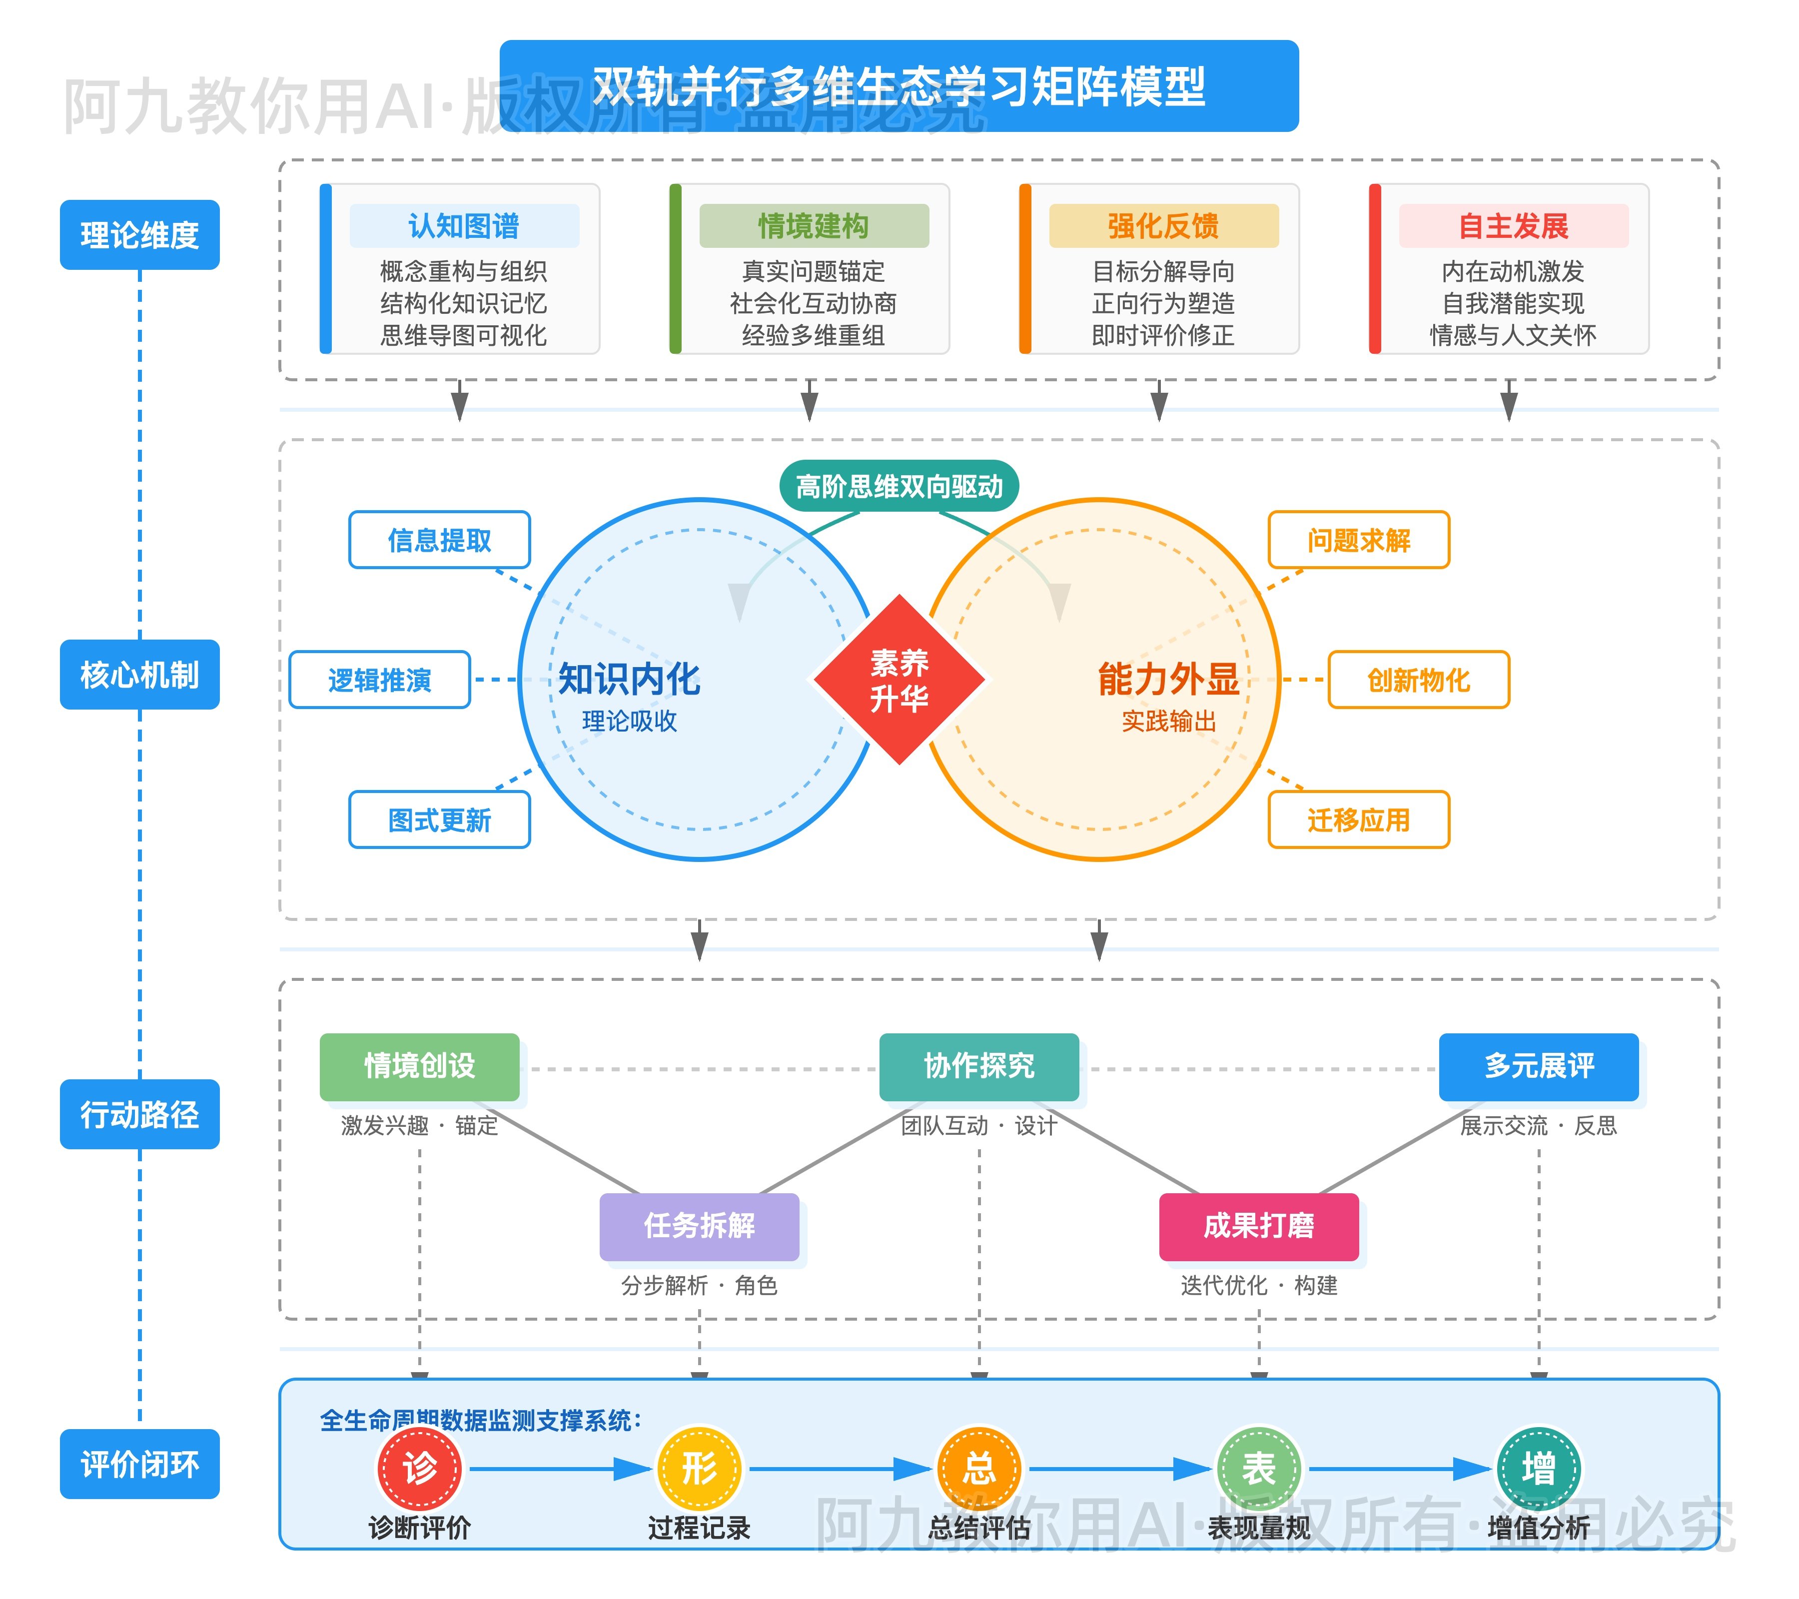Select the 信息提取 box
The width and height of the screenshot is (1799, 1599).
[439, 540]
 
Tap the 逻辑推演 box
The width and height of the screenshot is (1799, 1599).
[379, 680]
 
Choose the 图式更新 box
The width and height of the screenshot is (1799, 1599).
[439, 819]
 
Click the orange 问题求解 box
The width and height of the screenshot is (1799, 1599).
[1358, 540]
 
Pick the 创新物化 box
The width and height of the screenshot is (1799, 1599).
[1418, 680]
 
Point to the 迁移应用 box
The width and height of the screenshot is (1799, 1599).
[1358, 819]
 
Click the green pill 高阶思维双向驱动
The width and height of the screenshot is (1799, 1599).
[899, 486]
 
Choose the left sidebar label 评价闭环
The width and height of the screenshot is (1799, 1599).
[139, 1464]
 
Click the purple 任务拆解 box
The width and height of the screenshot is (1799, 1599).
[699, 1226]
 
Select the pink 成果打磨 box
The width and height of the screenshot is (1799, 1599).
[1259, 1226]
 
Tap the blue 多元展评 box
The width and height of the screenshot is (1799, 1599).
[1539, 1066]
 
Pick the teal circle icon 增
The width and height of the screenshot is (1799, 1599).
[1539, 1468]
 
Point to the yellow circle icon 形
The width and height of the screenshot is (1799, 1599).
[699, 1468]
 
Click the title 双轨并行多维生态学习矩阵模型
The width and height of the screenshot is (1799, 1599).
[899, 86]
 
